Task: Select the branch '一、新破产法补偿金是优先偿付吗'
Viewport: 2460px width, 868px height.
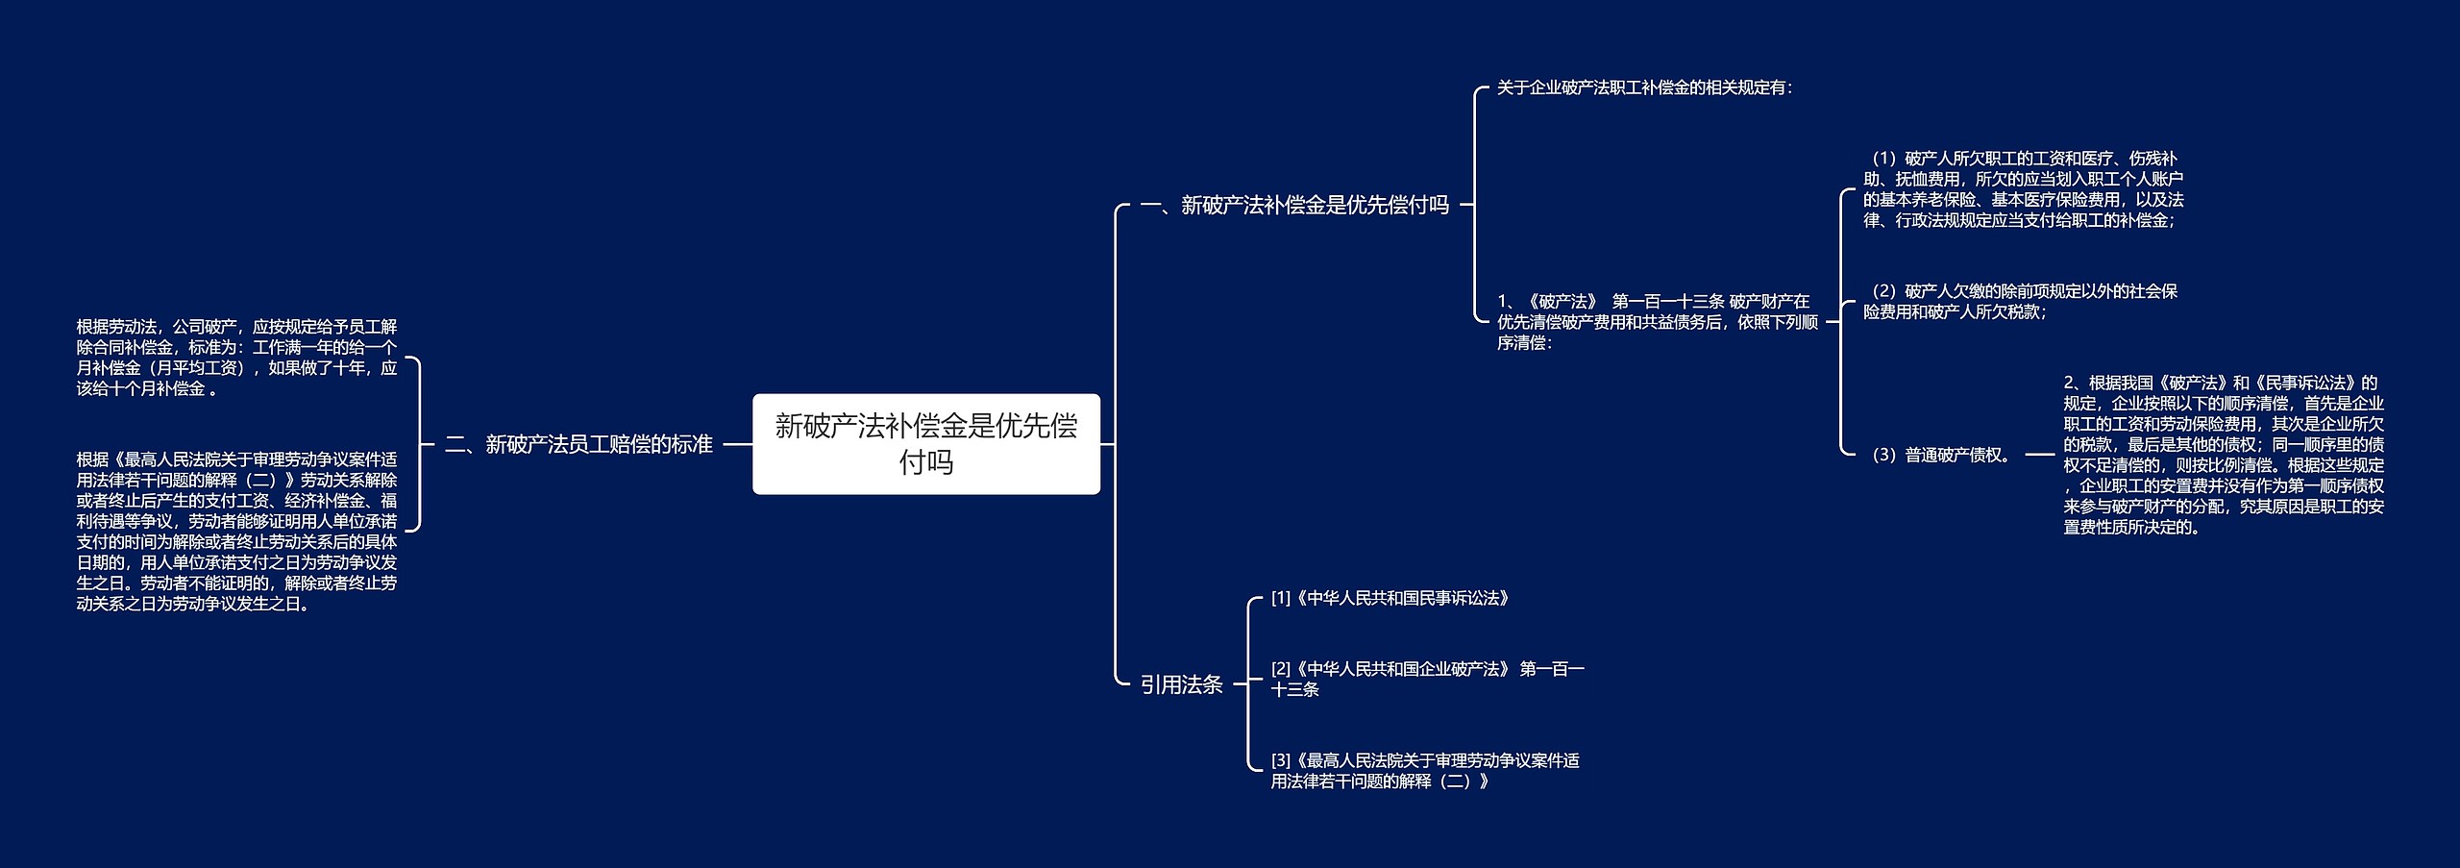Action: pos(1293,205)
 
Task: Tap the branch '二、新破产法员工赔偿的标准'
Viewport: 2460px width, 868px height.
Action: pos(578,444)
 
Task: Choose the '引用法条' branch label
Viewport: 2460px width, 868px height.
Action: pos(1181,684)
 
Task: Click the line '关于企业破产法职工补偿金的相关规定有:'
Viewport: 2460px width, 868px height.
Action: pos(1644,87)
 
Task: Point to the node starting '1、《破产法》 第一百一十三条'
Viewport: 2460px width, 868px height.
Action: pos(1657,322)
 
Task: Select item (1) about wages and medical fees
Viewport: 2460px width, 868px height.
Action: pos(2023,189)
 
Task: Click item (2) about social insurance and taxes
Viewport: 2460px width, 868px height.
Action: pos(2020,301)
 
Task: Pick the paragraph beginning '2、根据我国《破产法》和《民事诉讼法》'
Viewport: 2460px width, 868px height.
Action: pos(2223,455)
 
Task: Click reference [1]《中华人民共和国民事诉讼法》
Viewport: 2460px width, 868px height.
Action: pos(1390,598)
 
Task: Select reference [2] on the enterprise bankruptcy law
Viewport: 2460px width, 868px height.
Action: pos(1427,679)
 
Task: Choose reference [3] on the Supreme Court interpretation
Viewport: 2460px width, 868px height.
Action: pos(1424,771)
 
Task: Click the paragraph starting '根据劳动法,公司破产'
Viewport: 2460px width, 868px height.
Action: pos(236,358)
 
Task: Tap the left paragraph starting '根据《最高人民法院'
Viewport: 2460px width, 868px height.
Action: pos(236,532)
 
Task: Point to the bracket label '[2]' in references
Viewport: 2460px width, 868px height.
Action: pos(1281,669)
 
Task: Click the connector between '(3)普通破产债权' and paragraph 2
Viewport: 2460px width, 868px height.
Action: pos(2039,455)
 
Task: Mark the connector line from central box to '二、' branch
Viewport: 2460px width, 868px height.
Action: pos(736,444)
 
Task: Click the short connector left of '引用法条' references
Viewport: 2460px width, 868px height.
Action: pos(1240,684)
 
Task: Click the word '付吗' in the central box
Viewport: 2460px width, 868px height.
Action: pos(925,462)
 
